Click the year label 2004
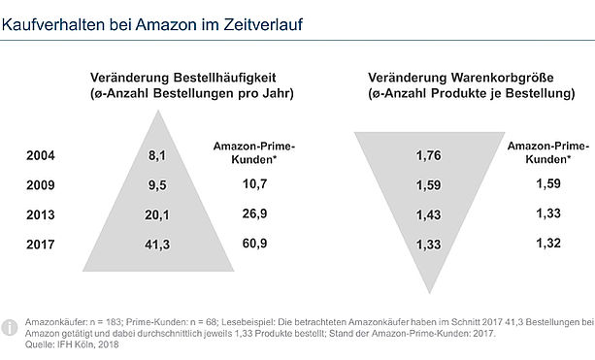41,155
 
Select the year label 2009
41,185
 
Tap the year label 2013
41,214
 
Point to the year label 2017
41,245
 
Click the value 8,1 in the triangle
157,155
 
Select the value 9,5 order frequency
157,185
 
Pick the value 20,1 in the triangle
157,215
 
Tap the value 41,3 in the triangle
157,245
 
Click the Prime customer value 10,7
254,184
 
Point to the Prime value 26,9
254,213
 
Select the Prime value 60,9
254,244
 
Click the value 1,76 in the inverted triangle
429,155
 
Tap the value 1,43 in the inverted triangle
429,215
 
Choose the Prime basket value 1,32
548,244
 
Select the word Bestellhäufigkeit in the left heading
224,78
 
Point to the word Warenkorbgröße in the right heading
503,78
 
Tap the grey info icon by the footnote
9,327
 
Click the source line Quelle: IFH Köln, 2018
72,344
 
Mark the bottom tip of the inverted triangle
430,293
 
